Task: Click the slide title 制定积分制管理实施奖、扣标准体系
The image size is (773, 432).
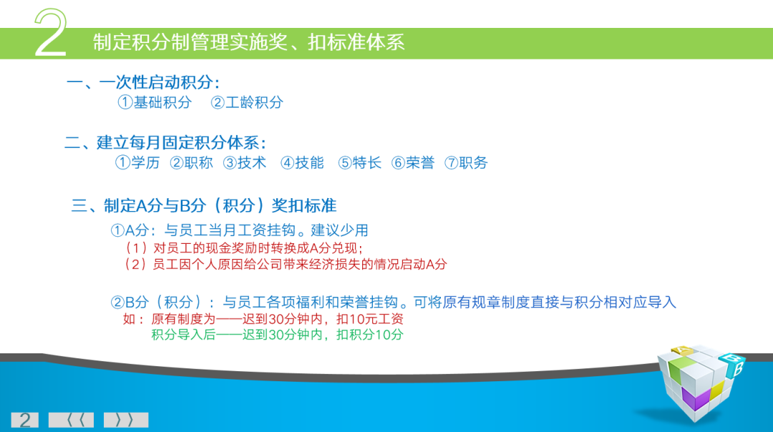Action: coord(248,42)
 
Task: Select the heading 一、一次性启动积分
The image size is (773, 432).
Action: coord(143,82)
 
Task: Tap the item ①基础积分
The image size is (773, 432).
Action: coord(155,102)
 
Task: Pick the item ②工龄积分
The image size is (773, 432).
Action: coord(247,102)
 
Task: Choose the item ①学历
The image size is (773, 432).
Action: coord(137,162)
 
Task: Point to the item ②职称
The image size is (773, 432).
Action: coord(191,162)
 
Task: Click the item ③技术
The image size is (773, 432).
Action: coord(245,162)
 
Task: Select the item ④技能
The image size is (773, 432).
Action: coord(302,162)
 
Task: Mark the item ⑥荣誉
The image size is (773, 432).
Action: coord(413,162)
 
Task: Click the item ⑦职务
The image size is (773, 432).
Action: coord(466,162)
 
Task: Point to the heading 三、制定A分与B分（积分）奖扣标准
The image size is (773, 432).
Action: coord(204,206)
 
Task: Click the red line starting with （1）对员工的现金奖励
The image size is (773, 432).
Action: coord(243,248)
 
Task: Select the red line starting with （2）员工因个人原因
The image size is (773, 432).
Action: coord(285,264)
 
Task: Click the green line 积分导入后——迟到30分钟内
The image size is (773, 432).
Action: coord(277,335)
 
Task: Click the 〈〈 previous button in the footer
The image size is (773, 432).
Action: coord(71,420)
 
